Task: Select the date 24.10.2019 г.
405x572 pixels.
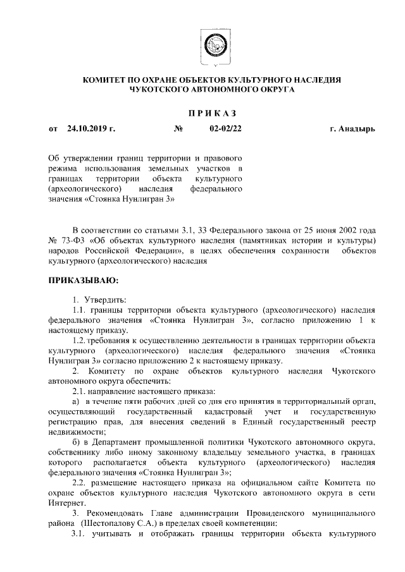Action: [90, 129]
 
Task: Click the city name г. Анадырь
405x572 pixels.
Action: [352, 129]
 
